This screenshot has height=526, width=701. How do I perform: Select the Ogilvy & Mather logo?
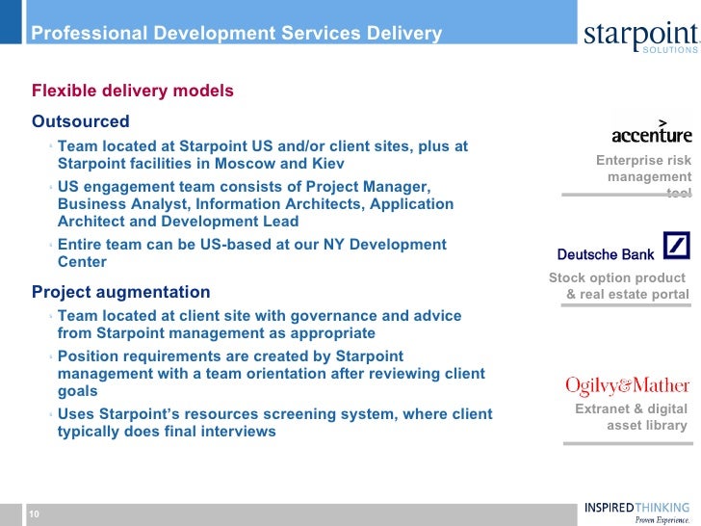pos(627,386)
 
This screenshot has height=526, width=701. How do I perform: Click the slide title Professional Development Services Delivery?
pos(237,35)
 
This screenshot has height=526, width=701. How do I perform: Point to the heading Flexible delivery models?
pos(133,92)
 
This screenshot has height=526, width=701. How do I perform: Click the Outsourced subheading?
pos(81,122)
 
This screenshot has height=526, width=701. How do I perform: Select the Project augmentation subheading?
pos(121,292)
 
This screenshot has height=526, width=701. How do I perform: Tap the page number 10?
pos(34,514)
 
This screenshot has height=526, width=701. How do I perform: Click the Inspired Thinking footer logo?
pos(636,512)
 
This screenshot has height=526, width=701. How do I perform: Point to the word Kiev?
pos(326,164)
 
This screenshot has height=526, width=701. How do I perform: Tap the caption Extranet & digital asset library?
pos(633,417)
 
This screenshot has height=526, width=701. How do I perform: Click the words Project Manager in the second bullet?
pos(371,186)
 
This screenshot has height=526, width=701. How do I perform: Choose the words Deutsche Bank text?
pos(606,254)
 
